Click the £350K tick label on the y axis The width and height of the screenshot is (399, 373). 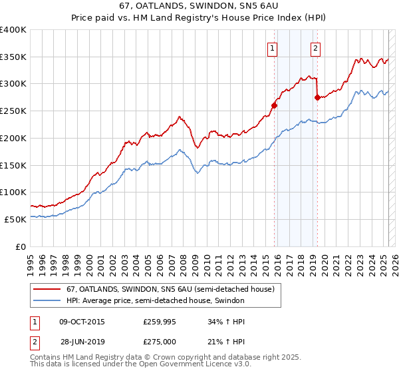point(13,57)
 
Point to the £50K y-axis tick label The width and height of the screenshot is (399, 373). point(15,219)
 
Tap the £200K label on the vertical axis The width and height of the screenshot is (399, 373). point(13,138)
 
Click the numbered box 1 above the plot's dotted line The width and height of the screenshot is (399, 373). point(273,47)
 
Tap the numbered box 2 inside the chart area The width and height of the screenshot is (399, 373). point(315,47)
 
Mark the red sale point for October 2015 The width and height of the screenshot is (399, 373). point(274,105)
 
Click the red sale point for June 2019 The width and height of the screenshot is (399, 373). point(317,97)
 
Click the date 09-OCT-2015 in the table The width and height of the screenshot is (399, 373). point(82,322)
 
